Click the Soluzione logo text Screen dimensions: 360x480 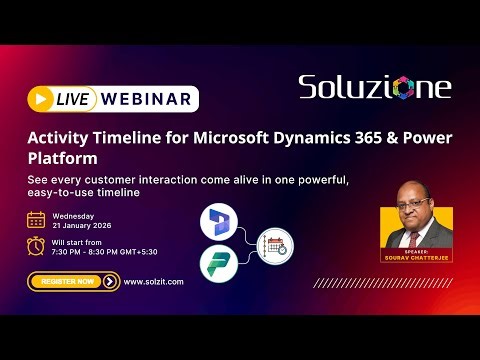374,87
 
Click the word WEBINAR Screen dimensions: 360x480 146,99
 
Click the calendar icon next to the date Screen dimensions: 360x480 36,220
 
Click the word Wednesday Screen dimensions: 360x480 74,215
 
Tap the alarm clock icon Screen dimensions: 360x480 36,246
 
